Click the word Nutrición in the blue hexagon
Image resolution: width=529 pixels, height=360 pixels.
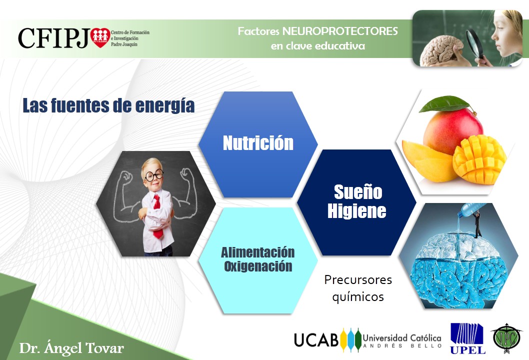pyautogui.click(x=258, y=142)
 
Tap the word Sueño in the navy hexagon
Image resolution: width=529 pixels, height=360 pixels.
pyautogui.click(x=358, y=192)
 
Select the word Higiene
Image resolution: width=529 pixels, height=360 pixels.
pyautogui.click(x=357, y=211)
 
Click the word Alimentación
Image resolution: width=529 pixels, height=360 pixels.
pyautogui.click(x=258, y=252)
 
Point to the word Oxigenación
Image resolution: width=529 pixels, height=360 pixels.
pyautogui.click(x=258, y=266)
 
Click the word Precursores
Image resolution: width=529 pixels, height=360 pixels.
pyautogui.click(x=358, y=279)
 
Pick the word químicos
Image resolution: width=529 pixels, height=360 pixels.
pyautogui.click(x=358, y=297)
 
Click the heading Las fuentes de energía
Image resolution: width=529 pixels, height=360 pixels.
pyautogui.click(x=108, y=105)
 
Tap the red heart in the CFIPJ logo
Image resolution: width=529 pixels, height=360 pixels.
pyautogui.click(x=100, y=37)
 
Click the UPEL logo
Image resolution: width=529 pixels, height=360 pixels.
pyautogui.click(x=467, y=338)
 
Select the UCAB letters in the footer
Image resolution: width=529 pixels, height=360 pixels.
pyautogui.click(x=316, y=340)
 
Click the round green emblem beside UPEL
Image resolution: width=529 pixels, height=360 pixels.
pyautogui.click(x=505, y=338)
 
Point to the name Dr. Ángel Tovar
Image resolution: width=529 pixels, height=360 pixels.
pyautogui.click(x=71, y=348)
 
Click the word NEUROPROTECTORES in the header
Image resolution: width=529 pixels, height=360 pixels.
pyautogui.click(x=340, y=31)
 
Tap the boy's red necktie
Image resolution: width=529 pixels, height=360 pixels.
pyautogui.click(x=157, y=216)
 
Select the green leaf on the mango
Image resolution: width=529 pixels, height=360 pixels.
pyautogui.click(x=444, y=103)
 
